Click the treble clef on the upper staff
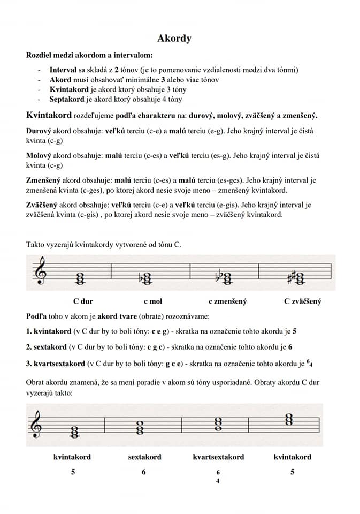coord(40,271)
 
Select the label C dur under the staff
coord(83,301)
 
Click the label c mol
coord(152,301)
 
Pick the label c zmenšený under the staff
coord(227,301)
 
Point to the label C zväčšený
coord(302,301)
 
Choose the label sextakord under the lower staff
coord(144,457)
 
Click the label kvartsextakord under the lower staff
coord(218,457)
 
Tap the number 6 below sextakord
coord(144,472)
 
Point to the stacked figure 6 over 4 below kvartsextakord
coord(218,477)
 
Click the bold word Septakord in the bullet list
coord(67,99)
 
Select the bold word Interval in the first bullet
coord(63,70)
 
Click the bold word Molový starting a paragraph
coord(39,156)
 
